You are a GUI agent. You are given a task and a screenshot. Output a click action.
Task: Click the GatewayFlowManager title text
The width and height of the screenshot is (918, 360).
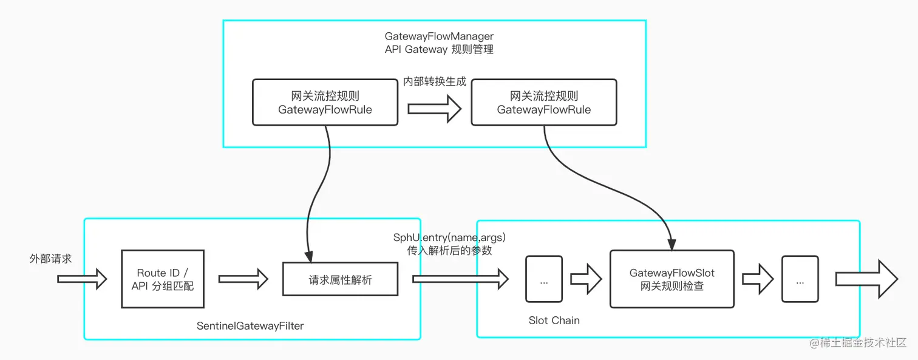point(439,37)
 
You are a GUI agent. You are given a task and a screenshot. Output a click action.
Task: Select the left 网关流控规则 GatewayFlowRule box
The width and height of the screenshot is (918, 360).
point(325,103)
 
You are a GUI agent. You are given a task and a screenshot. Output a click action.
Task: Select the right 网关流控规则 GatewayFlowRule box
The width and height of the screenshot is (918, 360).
point(543,103)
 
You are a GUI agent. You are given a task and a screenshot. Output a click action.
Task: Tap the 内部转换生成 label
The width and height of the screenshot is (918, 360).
point(435,81)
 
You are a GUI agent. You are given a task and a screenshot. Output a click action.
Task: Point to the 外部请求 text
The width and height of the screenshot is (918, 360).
point(51,259)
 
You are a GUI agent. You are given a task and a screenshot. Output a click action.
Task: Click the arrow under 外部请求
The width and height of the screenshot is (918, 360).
point(82,279)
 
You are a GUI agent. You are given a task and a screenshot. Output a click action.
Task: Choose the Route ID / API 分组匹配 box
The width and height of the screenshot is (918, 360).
point(163,279)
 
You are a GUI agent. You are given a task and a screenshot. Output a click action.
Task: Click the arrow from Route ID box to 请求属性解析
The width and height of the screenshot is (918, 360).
point(243,279)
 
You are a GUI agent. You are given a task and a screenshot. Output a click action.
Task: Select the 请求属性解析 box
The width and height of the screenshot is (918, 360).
point(340,280)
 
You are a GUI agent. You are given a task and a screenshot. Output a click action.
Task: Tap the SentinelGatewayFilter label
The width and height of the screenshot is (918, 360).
point(250,326)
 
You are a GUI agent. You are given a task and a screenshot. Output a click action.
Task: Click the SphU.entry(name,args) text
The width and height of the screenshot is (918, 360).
point(450,237)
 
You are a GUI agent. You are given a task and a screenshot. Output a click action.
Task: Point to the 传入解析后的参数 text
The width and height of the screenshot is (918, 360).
point(450,250)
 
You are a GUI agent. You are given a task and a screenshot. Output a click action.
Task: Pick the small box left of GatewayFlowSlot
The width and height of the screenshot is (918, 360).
point(544,279)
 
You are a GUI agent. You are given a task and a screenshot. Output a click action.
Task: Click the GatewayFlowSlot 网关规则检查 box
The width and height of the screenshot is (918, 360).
point(671,279)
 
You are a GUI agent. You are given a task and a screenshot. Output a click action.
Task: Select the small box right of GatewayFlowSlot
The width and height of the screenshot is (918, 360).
point(800,279)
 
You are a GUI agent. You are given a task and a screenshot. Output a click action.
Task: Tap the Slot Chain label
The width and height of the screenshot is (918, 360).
point(554,321)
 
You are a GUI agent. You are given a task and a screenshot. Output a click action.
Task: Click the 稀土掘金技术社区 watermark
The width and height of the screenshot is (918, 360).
point(858,343)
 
